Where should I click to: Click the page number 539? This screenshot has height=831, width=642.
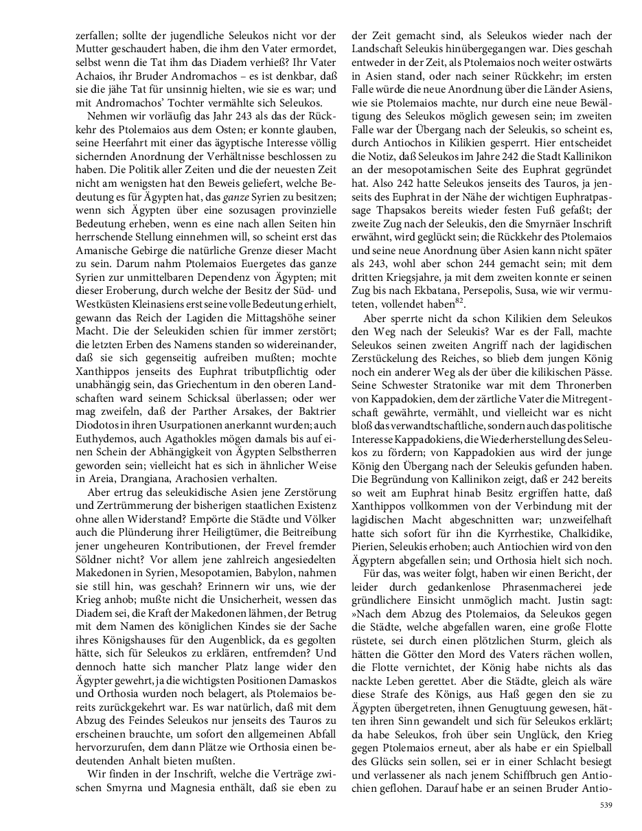coord(605,804)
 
